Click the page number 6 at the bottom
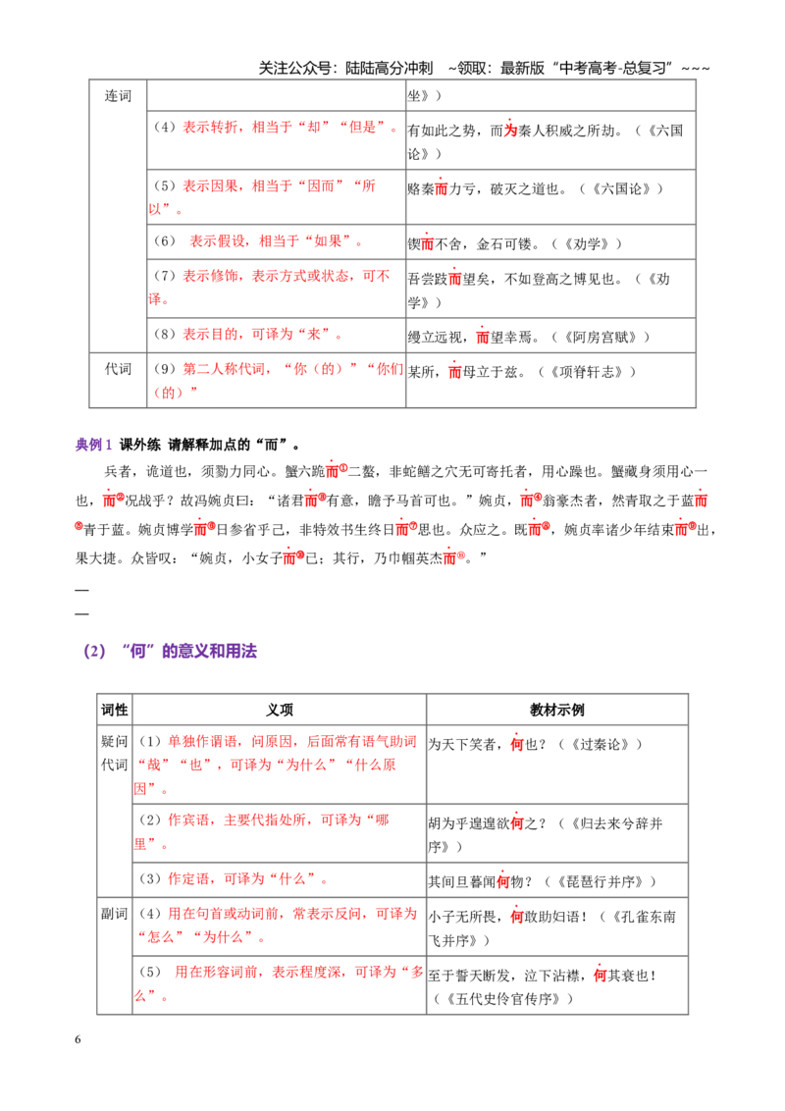[x=78, y=1039]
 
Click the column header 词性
[x=115, y=710]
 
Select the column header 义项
[x=280, y=710]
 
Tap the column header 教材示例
[x=557, y=710]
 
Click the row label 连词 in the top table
[x=119, y=95]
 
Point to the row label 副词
[x=115, y=914]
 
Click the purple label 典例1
[x=93, y=445]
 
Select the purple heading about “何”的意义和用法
[x=170, y=651]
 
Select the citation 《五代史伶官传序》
[x=503, y=999]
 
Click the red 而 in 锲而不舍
[x=427, y=244]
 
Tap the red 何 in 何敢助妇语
[x=517, y=917]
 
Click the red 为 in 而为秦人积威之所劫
[x=511, y=131]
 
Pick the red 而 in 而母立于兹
[x=455, y=372]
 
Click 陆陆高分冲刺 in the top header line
[x=389, y=68]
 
